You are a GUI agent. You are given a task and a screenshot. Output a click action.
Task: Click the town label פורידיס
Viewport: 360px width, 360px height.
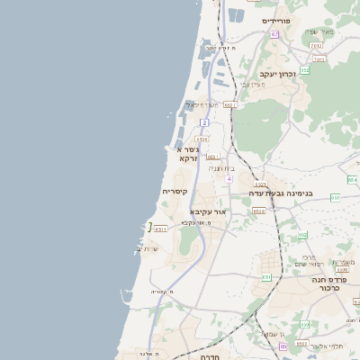pyautogui.click(x=274, y=20)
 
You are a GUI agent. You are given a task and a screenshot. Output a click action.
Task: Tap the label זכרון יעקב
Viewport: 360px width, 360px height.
pyautogui.click(x=278, y=74)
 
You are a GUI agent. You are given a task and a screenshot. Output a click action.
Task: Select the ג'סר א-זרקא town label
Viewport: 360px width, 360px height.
pyautogui.click(x=185, y=152)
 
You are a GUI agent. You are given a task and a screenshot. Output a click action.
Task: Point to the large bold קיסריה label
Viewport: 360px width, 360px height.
pyautogui.click(x=175, y=192)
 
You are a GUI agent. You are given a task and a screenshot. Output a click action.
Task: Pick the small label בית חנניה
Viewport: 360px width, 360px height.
pyautogui.click(x=221, y=167)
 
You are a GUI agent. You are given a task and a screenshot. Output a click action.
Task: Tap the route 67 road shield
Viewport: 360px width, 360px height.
pyautogui.click(x=274, y=34)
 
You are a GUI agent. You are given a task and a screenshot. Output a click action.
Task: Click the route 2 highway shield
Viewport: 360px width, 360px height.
pyautogui.click(x=205, y=121)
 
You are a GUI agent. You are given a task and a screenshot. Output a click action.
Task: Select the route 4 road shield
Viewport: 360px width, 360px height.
pyautogui.click(x=229, y=179)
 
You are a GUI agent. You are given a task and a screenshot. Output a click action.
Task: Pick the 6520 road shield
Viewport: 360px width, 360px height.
pyautogui.click(x=259, y=211)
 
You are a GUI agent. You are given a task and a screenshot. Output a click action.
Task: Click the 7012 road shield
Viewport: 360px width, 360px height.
pyautogui.click(x=315, y=45)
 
